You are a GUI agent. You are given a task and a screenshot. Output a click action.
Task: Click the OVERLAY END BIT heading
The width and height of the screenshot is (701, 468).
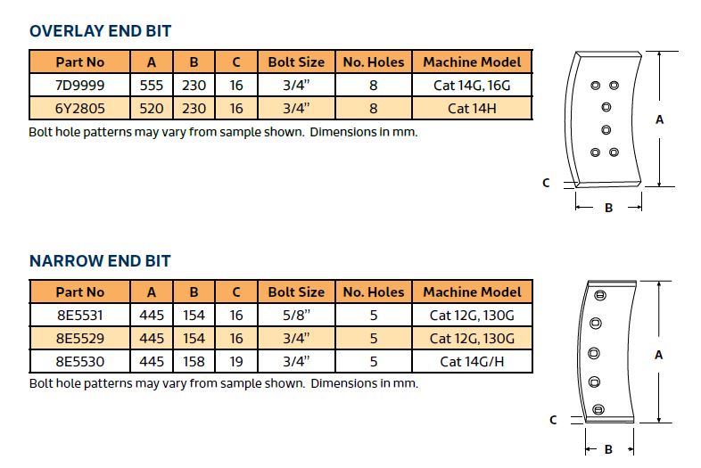click(x=100, y=31)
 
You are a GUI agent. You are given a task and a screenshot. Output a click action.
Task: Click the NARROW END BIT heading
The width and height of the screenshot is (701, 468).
click(x=100, y=260)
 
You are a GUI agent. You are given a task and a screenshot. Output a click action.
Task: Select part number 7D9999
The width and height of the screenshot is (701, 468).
click(x=79, y=85)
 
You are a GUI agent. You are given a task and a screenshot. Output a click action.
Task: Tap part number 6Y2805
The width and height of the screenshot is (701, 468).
click(x=79, y=108)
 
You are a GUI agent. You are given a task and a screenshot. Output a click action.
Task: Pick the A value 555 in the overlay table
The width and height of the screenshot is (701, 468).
click(x=152, y=85)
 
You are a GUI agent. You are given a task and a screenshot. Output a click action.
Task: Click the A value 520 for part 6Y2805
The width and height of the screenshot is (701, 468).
click(x=152, y=108)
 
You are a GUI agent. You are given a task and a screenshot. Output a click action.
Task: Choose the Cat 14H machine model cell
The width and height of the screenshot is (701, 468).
click(x=472, y=108)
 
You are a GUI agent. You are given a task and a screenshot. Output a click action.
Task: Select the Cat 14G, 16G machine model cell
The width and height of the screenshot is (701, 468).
click(x=472, y=85)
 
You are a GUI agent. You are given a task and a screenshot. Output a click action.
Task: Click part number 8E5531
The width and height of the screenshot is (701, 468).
click(x=79, y=316)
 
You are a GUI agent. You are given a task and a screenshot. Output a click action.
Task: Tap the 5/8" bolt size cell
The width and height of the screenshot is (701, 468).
click(x=296, y=316)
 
